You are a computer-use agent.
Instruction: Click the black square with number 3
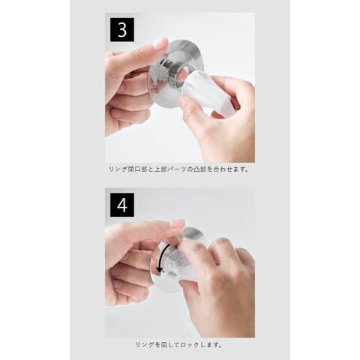122,30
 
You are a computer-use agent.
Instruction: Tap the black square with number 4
122,205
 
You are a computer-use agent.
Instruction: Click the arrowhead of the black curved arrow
159,270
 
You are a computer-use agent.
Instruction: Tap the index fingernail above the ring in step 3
160,43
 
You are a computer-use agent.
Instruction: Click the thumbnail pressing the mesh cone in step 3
184,102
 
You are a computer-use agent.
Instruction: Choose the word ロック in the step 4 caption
190,345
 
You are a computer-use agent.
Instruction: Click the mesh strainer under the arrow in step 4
174,261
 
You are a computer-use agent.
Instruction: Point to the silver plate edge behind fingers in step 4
195,235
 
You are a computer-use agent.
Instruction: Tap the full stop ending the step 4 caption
220,346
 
